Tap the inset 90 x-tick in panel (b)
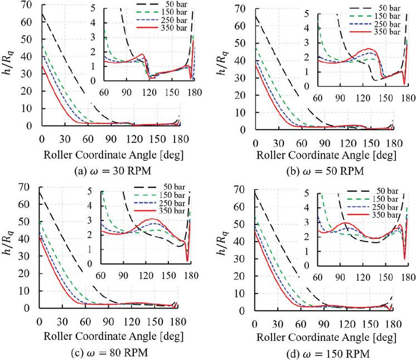pyautogui.click(x=340, y=99)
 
